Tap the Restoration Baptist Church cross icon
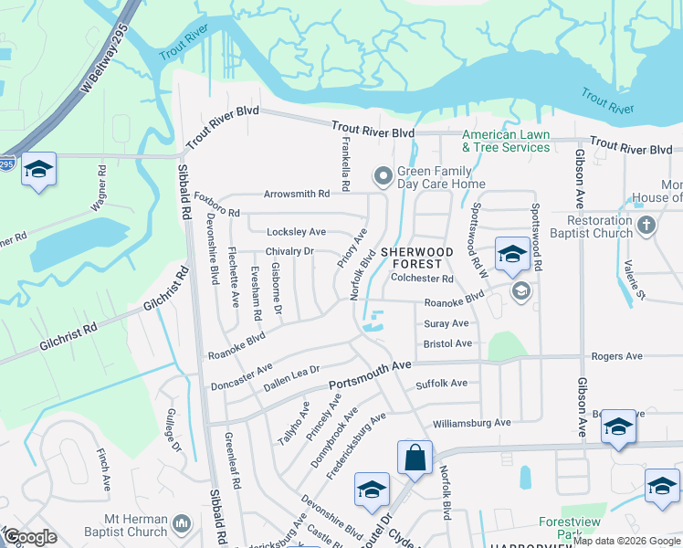pos(646,225)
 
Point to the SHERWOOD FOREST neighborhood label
pos(417,258)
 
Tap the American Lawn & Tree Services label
pos(506,141)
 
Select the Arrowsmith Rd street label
pos(296,195)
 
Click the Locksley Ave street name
pos(296,232)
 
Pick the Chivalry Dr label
pos(289,251)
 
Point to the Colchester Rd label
pos(422,279)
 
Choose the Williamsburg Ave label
pos(472,423)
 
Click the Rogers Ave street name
pos(617,356)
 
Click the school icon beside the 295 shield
pos(38,170)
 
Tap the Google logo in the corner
pos(30,537)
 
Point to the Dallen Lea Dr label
pos(290,380)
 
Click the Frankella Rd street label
pos(346,172)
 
